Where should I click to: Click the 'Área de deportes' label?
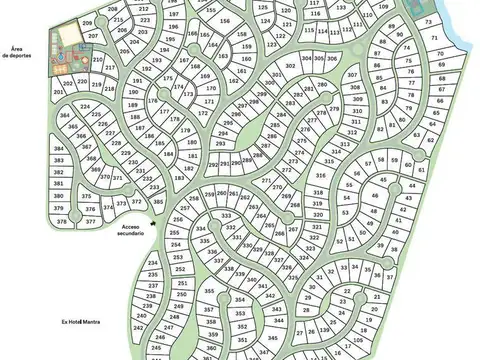(19, 53)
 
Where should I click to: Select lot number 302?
(290, 65)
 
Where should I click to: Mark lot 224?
(85, 106)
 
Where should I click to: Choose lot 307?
(352, 76)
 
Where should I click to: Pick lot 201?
(59, 92)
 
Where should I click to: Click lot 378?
(62, 221)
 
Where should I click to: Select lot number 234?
(152, 262)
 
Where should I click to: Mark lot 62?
(431, 140)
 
